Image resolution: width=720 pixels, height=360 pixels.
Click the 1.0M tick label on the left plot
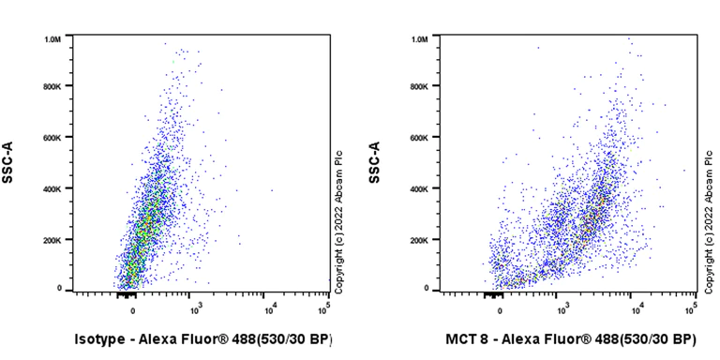coord(52,39)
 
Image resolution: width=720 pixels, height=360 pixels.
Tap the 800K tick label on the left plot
coord(52,87)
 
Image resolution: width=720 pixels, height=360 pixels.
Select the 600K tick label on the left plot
coord(52,138)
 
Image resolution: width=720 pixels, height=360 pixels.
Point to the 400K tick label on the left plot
coord(52,188)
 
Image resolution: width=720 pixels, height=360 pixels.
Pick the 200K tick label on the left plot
coord(52,239)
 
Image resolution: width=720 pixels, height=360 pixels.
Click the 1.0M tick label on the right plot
coord(419,39)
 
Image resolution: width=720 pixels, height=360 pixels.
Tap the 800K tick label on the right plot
coord(419,87)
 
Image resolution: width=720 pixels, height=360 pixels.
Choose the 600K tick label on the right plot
coord(419,138)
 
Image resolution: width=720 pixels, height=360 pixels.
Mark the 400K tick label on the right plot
coord(419,188)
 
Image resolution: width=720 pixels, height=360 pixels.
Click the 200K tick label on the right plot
coord(419,239)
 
